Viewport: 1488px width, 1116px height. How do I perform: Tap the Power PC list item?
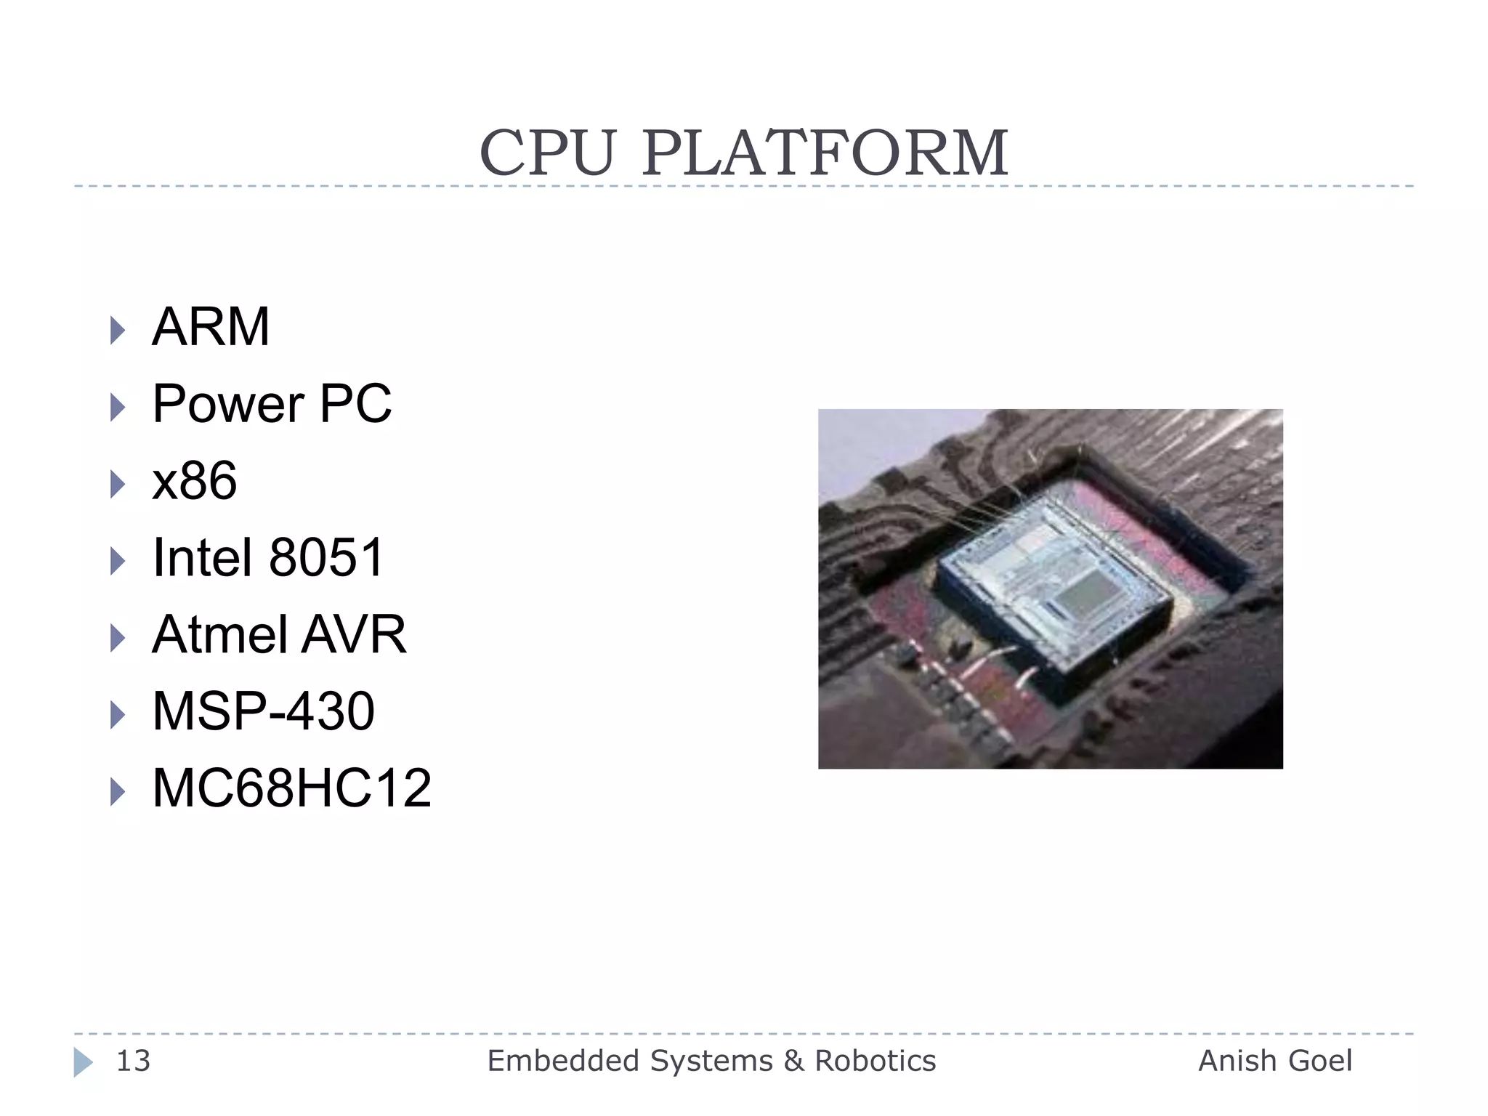coord(272,404)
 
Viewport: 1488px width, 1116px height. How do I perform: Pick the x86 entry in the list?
coord(194,481)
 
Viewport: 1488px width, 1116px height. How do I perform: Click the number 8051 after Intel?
coord(326,558)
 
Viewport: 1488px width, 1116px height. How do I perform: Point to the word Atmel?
coord(219,635)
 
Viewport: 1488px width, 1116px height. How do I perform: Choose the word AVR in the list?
coord(354,635)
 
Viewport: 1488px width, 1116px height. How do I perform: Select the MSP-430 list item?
coord(263,711)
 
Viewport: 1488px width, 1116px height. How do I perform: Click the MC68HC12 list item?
coord(291,788)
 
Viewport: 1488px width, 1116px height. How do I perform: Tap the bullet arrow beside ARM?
coord(117,331)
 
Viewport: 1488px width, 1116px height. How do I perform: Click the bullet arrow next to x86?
coord(117,485)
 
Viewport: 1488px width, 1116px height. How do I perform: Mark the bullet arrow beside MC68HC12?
coord(117,792)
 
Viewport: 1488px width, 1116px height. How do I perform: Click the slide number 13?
coord(133,1062)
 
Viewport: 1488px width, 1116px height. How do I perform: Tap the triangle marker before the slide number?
coord(83,1062)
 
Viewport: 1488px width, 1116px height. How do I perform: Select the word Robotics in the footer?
coord(875,1062)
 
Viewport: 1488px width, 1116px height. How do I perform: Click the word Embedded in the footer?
coord(557,1062)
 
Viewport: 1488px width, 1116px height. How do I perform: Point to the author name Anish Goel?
coord(1275,1062)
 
